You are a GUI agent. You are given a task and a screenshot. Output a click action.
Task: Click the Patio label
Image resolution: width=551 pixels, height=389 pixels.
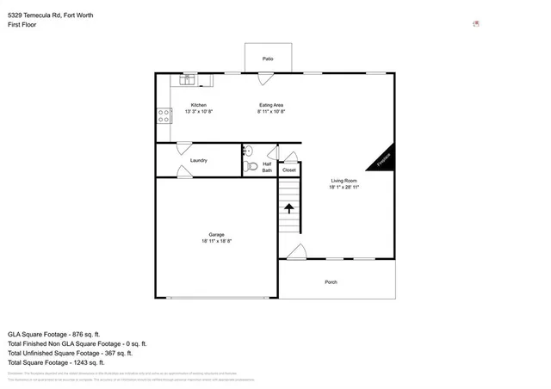pyautogui.click(x=268, y=59)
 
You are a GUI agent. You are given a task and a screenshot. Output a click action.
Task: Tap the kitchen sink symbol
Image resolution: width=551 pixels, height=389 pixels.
pyautogui.click(x=189, y=80)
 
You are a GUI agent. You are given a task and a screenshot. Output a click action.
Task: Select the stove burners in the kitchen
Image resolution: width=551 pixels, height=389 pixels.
pyautogui.click(x=163, y=115)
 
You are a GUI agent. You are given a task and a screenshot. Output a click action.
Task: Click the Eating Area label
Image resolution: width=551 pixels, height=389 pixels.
pyautogui.click(x=272, y=105)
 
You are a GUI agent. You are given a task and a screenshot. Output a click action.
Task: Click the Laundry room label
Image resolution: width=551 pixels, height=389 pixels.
pyautogui.click(x=199, y=160)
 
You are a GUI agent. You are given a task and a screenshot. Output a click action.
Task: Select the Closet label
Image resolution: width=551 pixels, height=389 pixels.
pyautogui.click(x=290, y=170)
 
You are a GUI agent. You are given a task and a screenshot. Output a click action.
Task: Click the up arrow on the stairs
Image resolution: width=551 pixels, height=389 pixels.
pyautogui.click(x=289, y=207)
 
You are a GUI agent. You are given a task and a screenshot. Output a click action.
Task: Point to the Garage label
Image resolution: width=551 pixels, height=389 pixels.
pyautogui.click(x=216, y=235)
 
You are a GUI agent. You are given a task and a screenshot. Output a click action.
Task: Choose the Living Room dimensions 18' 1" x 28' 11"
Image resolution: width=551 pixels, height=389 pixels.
pyautogui.click(x=344, y=187)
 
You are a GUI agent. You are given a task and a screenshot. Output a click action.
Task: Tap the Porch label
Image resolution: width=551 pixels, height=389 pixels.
pyautogui.click(x=331, y=282)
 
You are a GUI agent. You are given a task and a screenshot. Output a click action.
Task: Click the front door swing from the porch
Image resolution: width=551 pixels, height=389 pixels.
pyautogui.click(x=296, y=252)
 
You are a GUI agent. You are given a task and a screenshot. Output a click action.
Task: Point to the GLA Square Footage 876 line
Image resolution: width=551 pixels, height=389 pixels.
pyautogui.click(x=54, y=334)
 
